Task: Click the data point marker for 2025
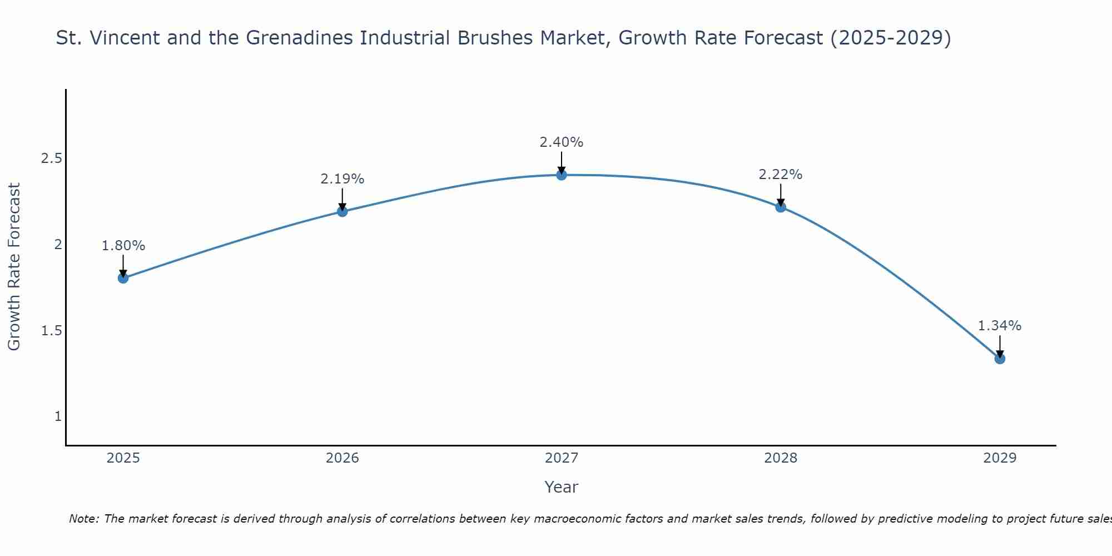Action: (x=123, y=278)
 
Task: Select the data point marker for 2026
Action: (x=342, y=211)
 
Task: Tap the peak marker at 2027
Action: (x=562, y=175)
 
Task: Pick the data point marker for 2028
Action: (x=781, y=207)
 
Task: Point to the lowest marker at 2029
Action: (x=1000, y=359)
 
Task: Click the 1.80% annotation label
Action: (x=123, y=246)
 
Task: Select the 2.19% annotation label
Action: (x=342, y=179)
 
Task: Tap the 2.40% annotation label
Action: (x=562, y=142)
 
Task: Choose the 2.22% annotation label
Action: (x=781, y=175)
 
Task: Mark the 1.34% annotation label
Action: (x=1000, y=326)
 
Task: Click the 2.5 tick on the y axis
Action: (x=51, y=158)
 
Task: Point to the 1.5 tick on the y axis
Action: (x=51, y=331)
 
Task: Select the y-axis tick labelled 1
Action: (x=58, y=416)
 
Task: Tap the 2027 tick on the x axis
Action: (x=562, y=458)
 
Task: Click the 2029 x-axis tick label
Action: (x=1000, y=458)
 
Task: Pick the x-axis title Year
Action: (x=562, y=487)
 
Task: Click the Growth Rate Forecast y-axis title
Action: (x=14, y=267)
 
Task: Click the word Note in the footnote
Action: (x=83, y=519)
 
